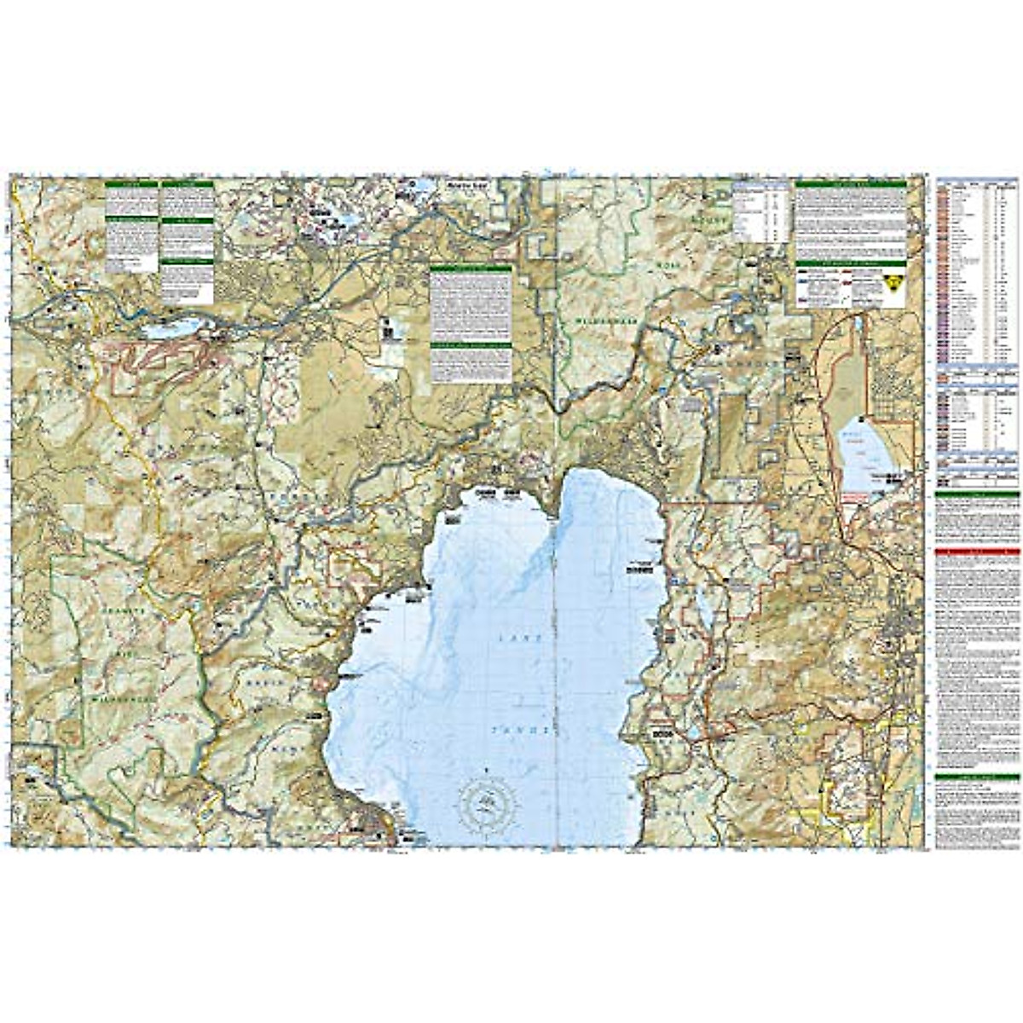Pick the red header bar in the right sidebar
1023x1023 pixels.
978,552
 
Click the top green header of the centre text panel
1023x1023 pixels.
471,269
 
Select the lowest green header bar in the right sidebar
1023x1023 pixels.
978,777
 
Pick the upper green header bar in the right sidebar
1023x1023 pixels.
978,494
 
